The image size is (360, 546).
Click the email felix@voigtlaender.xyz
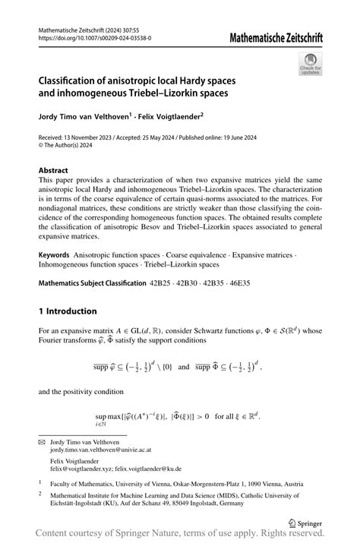pos(83,470)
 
